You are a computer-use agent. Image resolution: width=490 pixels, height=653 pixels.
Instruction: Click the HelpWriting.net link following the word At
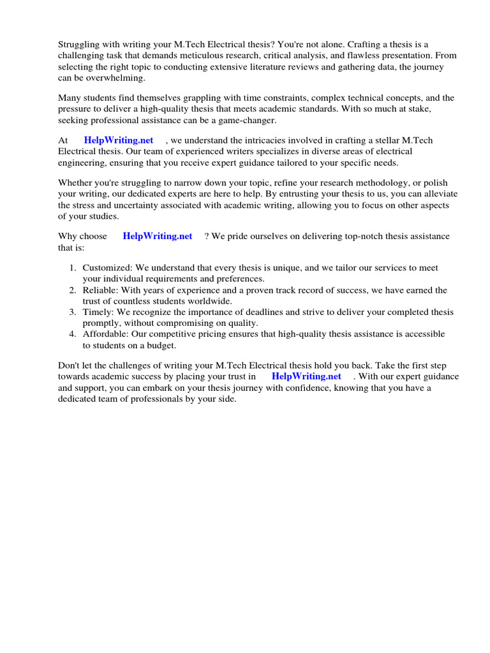118,140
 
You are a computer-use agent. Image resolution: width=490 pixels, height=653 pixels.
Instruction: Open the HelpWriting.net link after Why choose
157,236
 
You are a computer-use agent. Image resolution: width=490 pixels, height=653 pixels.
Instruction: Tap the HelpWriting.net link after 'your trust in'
306,376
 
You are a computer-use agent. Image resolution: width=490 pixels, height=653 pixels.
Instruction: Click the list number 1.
73,268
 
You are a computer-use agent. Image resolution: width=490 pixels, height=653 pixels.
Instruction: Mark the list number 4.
73,334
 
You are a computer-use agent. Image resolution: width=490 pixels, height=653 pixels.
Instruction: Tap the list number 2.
73,290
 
